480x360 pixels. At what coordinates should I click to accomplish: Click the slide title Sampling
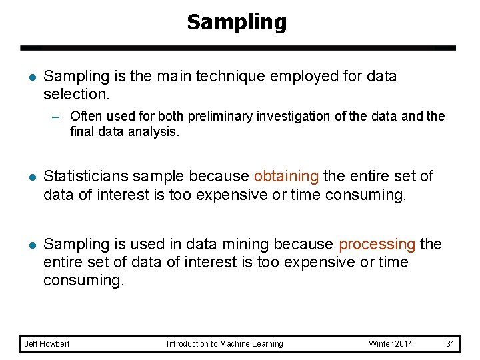point(237,22)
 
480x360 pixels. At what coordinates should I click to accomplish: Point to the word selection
point(74,94)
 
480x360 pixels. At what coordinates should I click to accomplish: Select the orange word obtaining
point(286,177)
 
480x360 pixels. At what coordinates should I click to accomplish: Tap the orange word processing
point(377,245)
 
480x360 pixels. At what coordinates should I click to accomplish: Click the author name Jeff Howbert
point(47,344)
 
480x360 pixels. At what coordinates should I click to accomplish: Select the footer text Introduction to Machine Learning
point(225,344)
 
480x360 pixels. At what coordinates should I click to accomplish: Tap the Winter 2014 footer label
point(390,344)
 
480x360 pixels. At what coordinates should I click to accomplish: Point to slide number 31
point(450,344)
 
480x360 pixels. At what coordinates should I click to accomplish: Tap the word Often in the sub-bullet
point(85,117)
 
